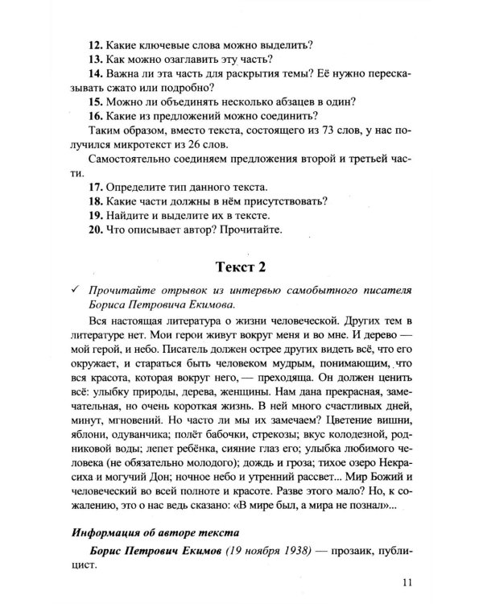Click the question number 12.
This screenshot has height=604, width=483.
coord(95,43)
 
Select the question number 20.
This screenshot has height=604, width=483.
coord(95,230)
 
